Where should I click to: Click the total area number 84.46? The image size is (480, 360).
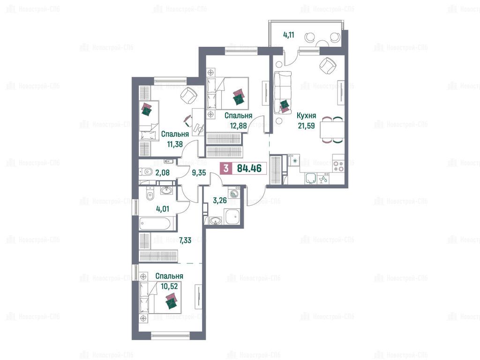pyautogui.click(x=249, y=168)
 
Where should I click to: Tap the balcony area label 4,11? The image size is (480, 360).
pyautogui.click(x=289, y=35)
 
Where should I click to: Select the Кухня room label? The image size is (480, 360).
pyautogui.click(x=306, y=116)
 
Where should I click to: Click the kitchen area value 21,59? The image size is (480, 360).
pyautogui.click(x=306, y=126)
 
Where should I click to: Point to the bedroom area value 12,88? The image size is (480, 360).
pyautogui.click(x=239, y=125)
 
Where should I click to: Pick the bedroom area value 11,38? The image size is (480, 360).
pyautogui.click(x=175, y=144)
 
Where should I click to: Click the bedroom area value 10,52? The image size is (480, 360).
pyautogui.click(x=169, y=286)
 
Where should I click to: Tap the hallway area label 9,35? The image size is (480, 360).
pyautogui.click(x=199, y=172)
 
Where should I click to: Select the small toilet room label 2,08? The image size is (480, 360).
pyautogui.click(x=163, y=172)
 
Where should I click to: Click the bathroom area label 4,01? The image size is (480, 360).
pyautogui.click(x=163, y=209)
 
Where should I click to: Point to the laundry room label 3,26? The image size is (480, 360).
pyautogui.click(x=220, y=201)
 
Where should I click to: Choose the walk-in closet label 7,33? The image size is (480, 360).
pyautogui.click(x=185, y=240)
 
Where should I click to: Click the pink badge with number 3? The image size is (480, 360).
pyautogui.click(x=226, y=168)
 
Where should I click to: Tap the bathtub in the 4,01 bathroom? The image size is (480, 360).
pyautogui.click(x=155, y=223)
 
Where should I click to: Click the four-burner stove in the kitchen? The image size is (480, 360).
pyautogui.click(x=338, y=165)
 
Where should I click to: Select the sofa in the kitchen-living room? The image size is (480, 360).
pyautogui.click(x=283, y=92)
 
